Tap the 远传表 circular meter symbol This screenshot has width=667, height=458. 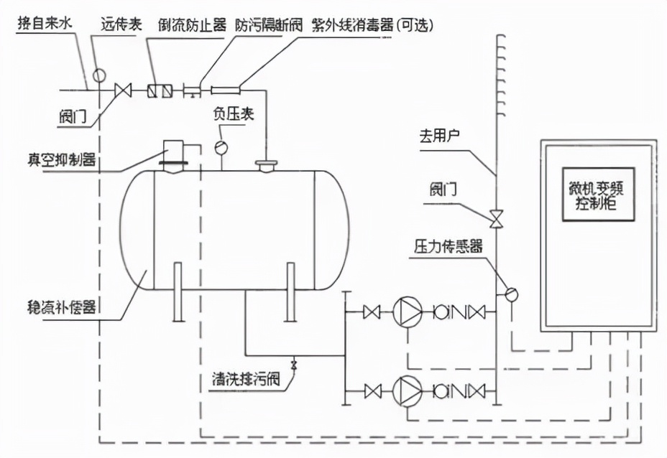98,74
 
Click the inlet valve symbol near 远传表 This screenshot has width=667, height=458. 124,90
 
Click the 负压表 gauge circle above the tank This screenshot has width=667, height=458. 220,146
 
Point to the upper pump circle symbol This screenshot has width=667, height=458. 407,312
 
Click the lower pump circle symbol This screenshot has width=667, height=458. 407,391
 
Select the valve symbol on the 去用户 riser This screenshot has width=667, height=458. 496,216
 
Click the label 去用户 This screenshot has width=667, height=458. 439,136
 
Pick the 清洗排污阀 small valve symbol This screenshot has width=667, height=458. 293,365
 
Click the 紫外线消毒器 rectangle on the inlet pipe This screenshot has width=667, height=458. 225,90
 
